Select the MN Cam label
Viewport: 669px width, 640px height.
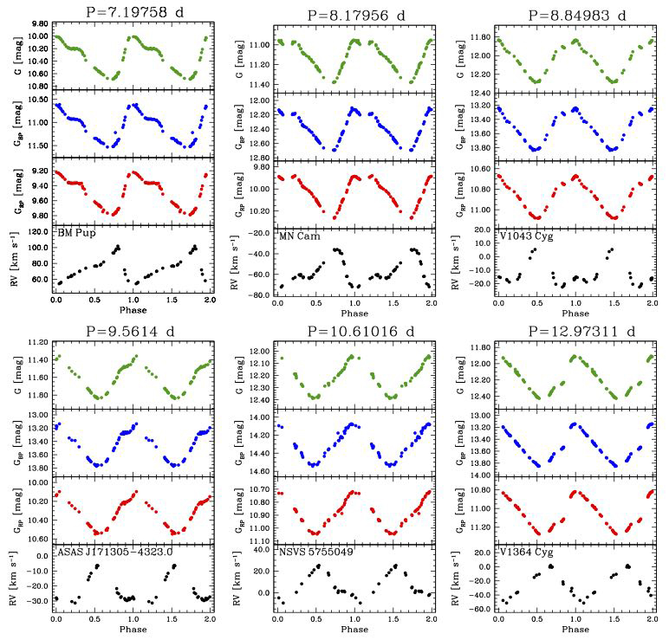coord(299,235)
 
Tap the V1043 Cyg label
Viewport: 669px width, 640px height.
coord(523,235)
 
